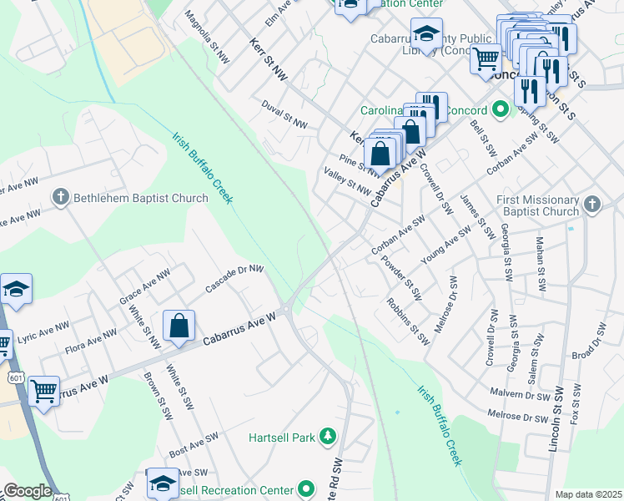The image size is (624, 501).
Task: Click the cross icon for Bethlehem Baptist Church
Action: (x=60, y=198)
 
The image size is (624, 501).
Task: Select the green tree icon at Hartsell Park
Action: (x=329, y=437)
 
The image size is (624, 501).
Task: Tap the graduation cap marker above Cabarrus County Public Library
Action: (x=426, y=35)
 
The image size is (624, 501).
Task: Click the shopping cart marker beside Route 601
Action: (x=43, y=390)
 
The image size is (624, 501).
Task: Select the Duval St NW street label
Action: (x=284, y=114)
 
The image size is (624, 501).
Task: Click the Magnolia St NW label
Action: (x=207, y=38)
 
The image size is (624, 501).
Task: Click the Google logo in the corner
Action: (x=27, y=491)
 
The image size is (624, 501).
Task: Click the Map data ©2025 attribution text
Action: (x=587, y=494)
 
